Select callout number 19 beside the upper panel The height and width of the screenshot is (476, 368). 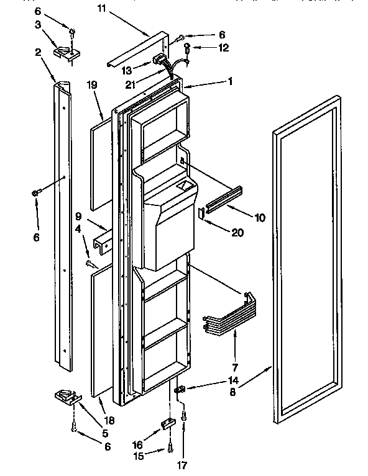93,87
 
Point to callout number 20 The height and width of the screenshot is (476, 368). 237,233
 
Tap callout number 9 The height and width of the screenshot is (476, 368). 78,217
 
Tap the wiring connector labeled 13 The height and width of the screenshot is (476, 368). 160,61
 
